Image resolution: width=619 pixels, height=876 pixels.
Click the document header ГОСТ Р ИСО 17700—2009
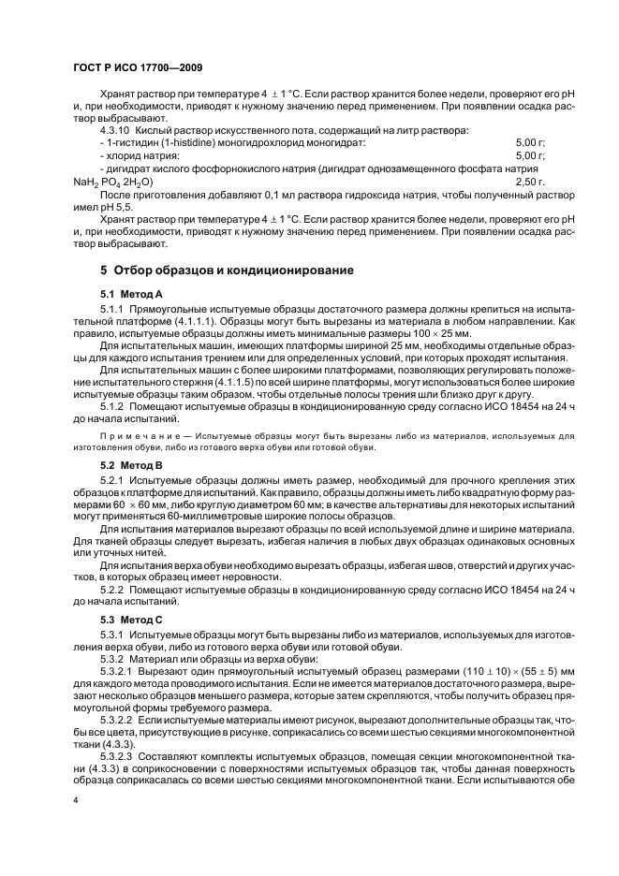coord(138,68)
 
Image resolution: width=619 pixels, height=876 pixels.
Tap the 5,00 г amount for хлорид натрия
coord(530,154)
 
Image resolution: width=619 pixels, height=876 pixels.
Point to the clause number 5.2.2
coord(111,594)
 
